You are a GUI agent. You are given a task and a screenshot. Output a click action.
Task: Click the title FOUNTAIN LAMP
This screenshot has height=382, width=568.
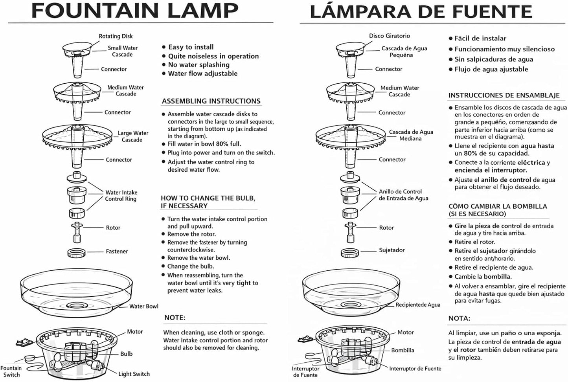coord(135,11)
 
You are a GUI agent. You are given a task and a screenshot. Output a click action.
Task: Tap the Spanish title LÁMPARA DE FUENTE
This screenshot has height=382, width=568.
coord(421,11)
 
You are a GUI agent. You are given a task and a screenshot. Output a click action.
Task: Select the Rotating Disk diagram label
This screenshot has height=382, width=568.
coord(116,36)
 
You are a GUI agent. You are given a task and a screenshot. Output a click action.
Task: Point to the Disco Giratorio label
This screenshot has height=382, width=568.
coord(389,36)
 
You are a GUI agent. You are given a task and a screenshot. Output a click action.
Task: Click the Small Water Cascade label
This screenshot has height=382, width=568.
coord(123,51)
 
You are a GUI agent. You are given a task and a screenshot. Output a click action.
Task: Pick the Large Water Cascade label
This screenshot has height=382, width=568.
coord(133,136)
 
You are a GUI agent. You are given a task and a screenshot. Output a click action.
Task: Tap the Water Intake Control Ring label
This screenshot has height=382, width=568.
coord(121,196)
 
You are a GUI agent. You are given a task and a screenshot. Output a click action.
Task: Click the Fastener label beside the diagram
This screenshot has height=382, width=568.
coord(117,252)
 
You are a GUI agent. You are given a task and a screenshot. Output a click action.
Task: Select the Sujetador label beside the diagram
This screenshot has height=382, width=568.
coord(392,250)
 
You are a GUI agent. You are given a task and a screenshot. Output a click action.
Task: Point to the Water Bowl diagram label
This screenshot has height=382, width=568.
coord(144,307)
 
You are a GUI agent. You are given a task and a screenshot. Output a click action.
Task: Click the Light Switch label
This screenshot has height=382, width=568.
coord(134,374)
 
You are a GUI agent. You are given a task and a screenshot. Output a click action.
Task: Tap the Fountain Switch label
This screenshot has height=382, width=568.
coord(11,371)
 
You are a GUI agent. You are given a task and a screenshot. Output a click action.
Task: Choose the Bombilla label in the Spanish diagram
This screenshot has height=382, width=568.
coord(403,350)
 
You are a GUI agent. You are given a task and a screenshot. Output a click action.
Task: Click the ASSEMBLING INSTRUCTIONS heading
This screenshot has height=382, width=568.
coord(211,101)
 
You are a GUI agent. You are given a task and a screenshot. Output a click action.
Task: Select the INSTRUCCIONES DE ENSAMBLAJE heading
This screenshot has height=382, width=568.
coord(504,95)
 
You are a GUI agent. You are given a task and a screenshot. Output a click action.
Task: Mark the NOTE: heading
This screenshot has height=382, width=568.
coord(175,318)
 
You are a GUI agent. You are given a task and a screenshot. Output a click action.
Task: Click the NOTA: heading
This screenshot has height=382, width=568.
coord(459,318)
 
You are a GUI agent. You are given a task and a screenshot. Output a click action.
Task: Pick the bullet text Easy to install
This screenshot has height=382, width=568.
coord(191,47)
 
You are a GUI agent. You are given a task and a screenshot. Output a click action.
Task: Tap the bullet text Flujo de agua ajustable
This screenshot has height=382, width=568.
coord(491,69)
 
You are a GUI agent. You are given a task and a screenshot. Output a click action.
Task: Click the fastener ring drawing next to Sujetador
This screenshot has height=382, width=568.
coord(350,253)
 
